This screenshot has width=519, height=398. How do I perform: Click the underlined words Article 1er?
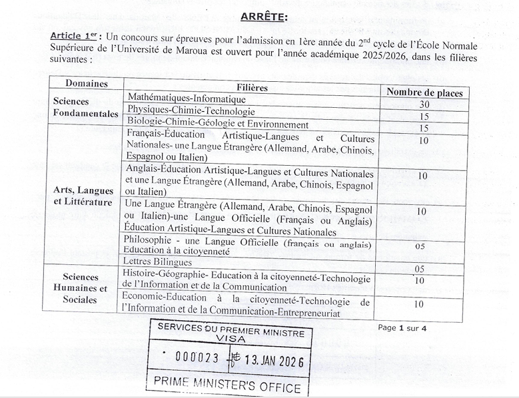tap(73, 35)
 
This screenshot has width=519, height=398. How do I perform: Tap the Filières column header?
tap(252, 87)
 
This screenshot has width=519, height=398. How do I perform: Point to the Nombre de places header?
tap(424, 93)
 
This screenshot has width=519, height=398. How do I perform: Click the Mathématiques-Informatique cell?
tap(177, 98)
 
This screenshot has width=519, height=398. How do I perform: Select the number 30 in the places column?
tap(424, 104)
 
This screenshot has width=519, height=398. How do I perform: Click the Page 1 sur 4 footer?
tap(402, 327)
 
